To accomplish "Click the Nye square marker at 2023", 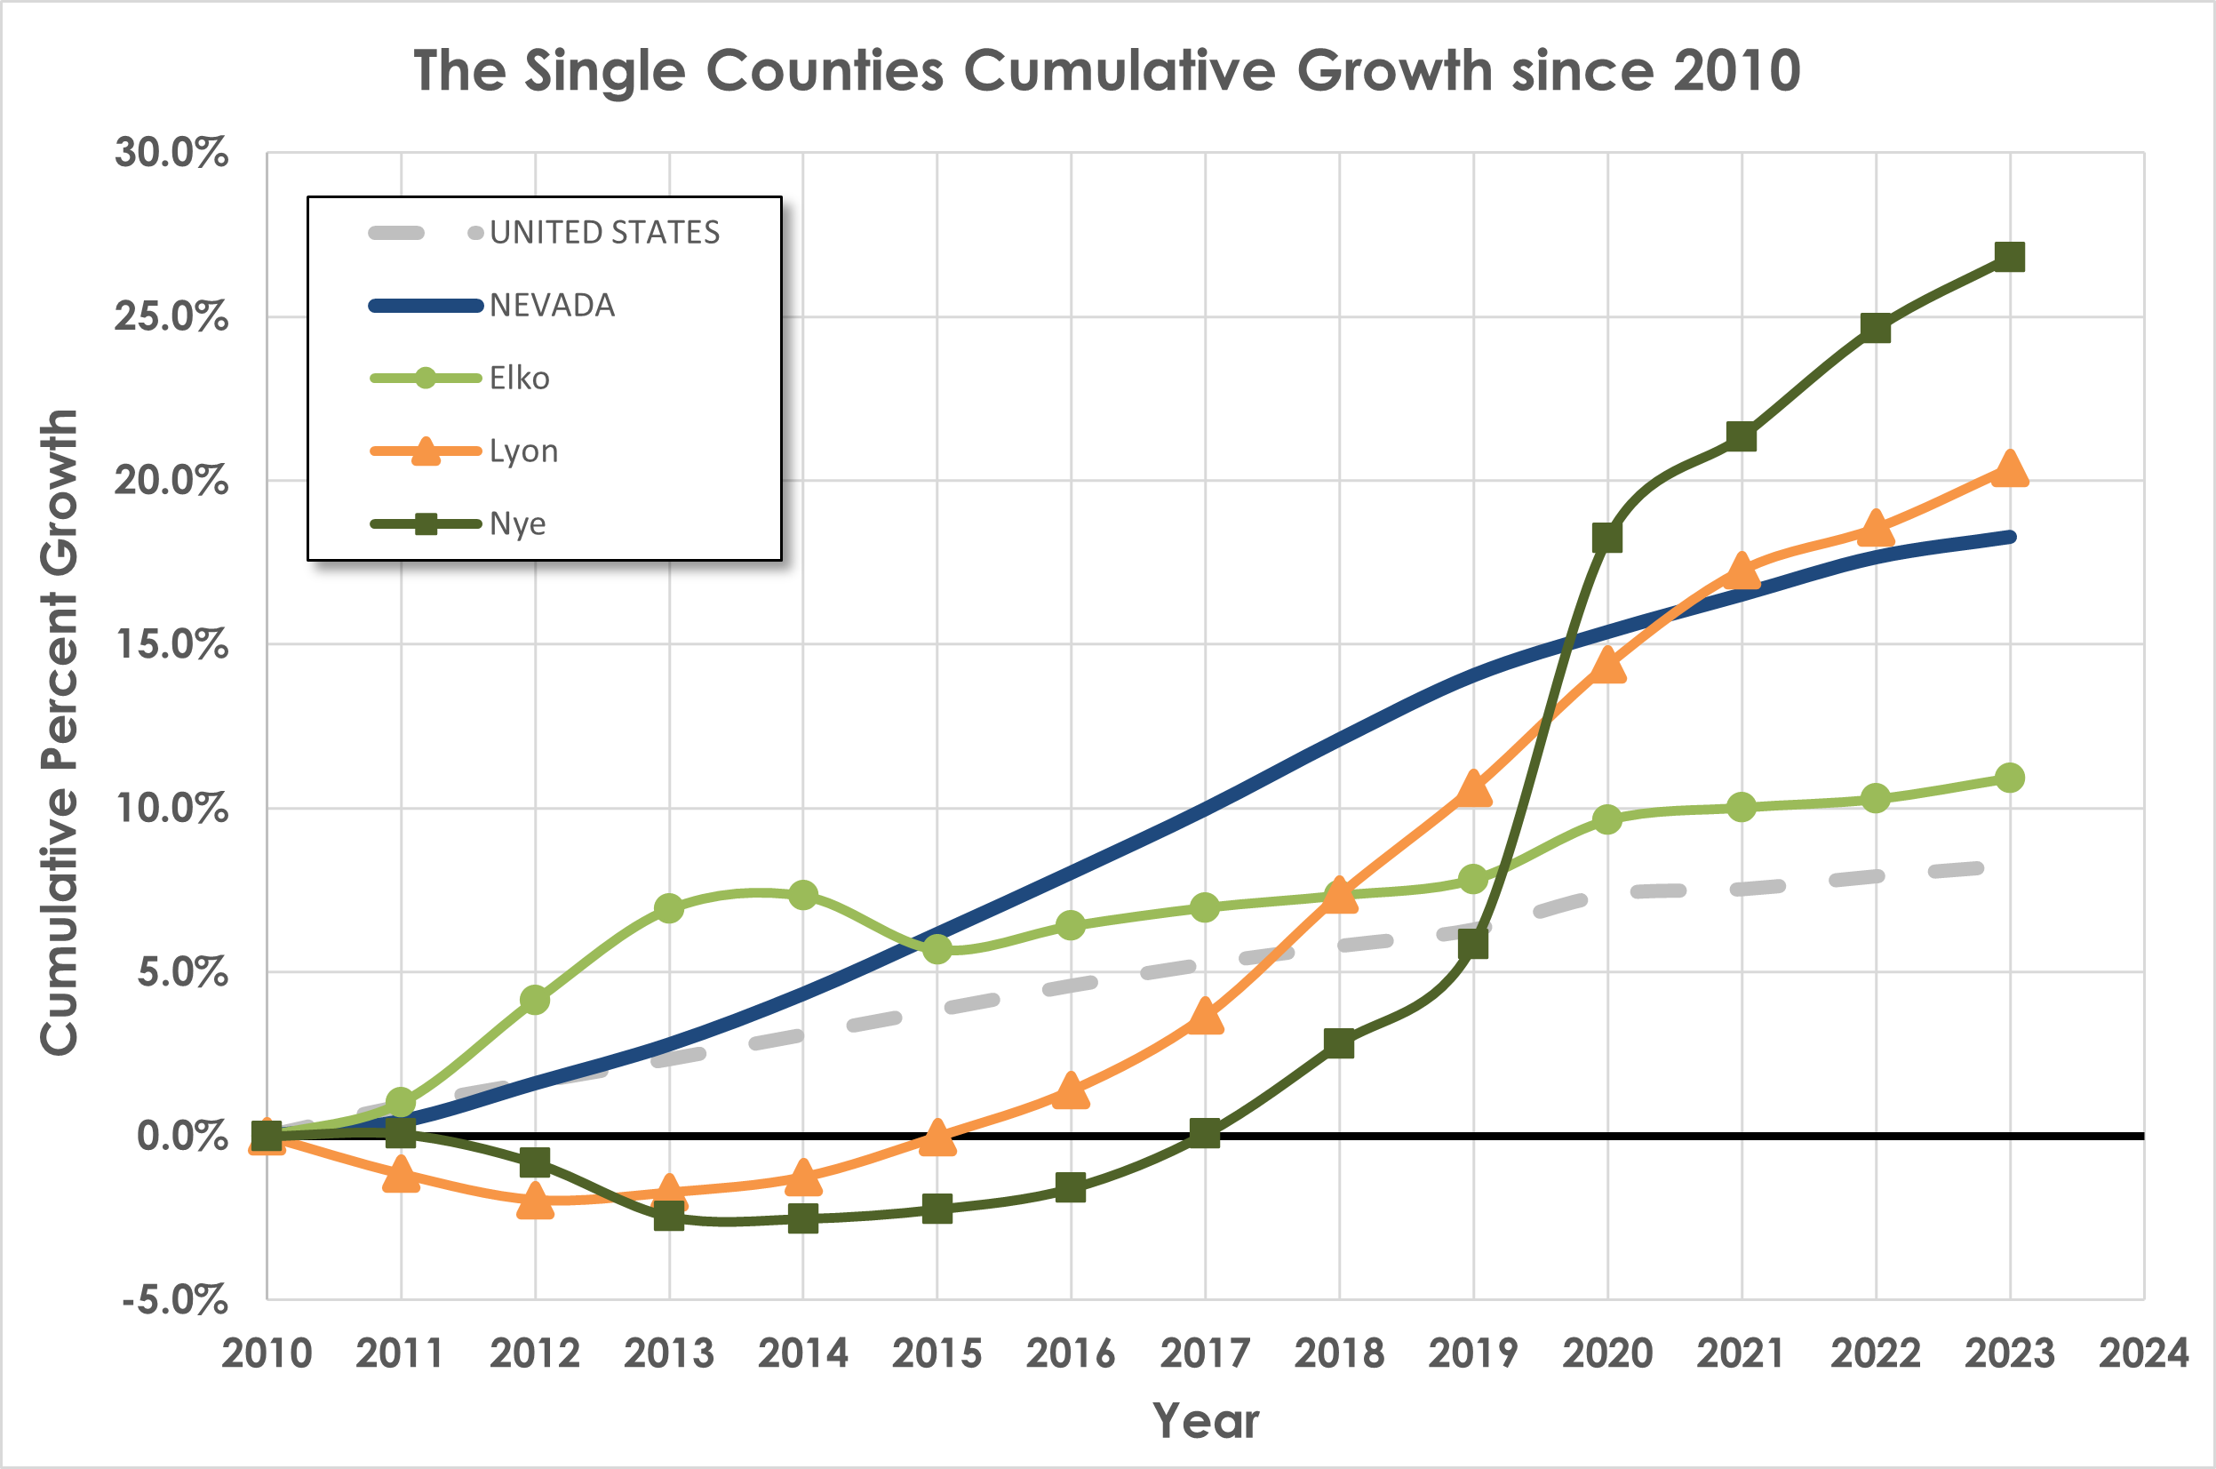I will (x=2009, y=257).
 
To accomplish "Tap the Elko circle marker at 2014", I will (x=802, y=895).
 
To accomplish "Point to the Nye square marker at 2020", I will (x=1607, y=538).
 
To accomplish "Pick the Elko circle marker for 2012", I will (x=535, y=1000).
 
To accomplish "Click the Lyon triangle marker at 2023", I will (x=2009, y=468).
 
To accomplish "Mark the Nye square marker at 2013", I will (x=669, y=1216).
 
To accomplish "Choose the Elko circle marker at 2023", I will (x=2009, y=778).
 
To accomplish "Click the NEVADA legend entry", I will (x=552, y=306).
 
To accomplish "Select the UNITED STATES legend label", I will (x=604, y=232).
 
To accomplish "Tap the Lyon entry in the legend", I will (x=523, y=451).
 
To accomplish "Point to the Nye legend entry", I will (x=517, y=523).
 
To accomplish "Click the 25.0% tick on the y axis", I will (x=171, y=316).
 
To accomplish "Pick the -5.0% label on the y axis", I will (x=175, y=1299).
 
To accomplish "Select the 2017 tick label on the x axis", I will (x=1205, y=1353).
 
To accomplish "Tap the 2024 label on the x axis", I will (x=2143, y=1353).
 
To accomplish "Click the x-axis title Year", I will (x=1206, y=1421).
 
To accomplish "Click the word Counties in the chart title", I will (x=825, y=70).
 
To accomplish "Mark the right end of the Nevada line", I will (x=2011, y=537).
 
